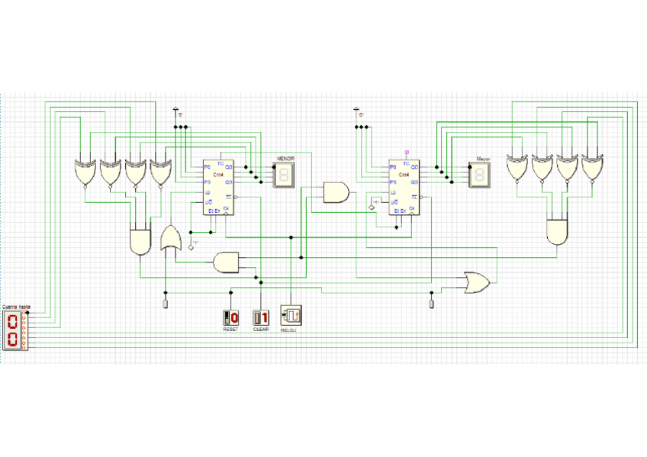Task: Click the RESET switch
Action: (x=230, y=317)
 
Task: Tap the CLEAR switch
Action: (x=261, y=317)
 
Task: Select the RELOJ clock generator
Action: (x=291, y=315)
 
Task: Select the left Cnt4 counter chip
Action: (x=218, y=187)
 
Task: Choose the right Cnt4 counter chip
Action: (x=404, y=187)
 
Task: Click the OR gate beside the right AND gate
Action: (x=476, y=283)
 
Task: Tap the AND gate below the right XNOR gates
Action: (x=558, y=231)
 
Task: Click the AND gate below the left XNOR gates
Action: (x=140, y=241)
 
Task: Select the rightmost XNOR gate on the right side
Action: (x=592, y=168)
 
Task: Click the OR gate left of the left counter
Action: (x=171, y=238)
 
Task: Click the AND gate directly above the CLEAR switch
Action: (x=227, y=262)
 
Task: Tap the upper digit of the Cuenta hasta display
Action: (x=13, y=320)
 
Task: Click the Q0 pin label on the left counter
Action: (x=229, y=166)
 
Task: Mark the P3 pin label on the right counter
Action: (x=393, y=182)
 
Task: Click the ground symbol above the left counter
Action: (x=177, y=111)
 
